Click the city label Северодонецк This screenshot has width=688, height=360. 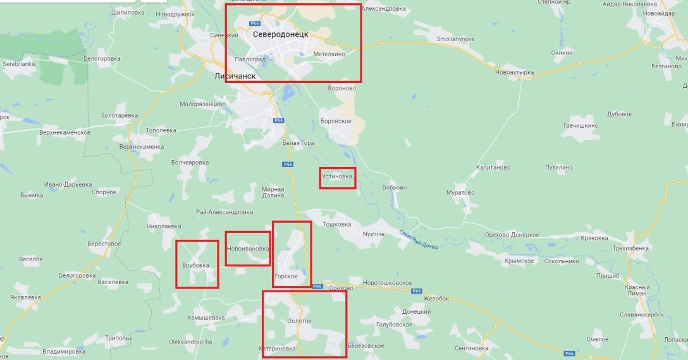[280, 34]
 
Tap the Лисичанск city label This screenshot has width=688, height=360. [235, 76]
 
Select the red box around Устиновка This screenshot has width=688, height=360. [338, 178]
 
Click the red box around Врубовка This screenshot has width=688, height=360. [197, 264]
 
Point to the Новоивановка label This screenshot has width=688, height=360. [248, 249]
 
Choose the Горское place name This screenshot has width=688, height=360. [286, 276]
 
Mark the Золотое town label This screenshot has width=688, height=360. [300, 321]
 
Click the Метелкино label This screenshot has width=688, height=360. [329, 54]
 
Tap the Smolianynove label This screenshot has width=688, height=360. [455, 39]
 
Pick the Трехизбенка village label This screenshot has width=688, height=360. [630, 248]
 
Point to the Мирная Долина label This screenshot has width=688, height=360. [273, 192]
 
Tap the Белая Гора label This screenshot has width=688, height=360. [298, 143]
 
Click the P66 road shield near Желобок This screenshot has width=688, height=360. [416, 291]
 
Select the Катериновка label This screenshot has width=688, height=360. [278, 349]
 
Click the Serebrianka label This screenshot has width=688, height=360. [20, 64]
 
